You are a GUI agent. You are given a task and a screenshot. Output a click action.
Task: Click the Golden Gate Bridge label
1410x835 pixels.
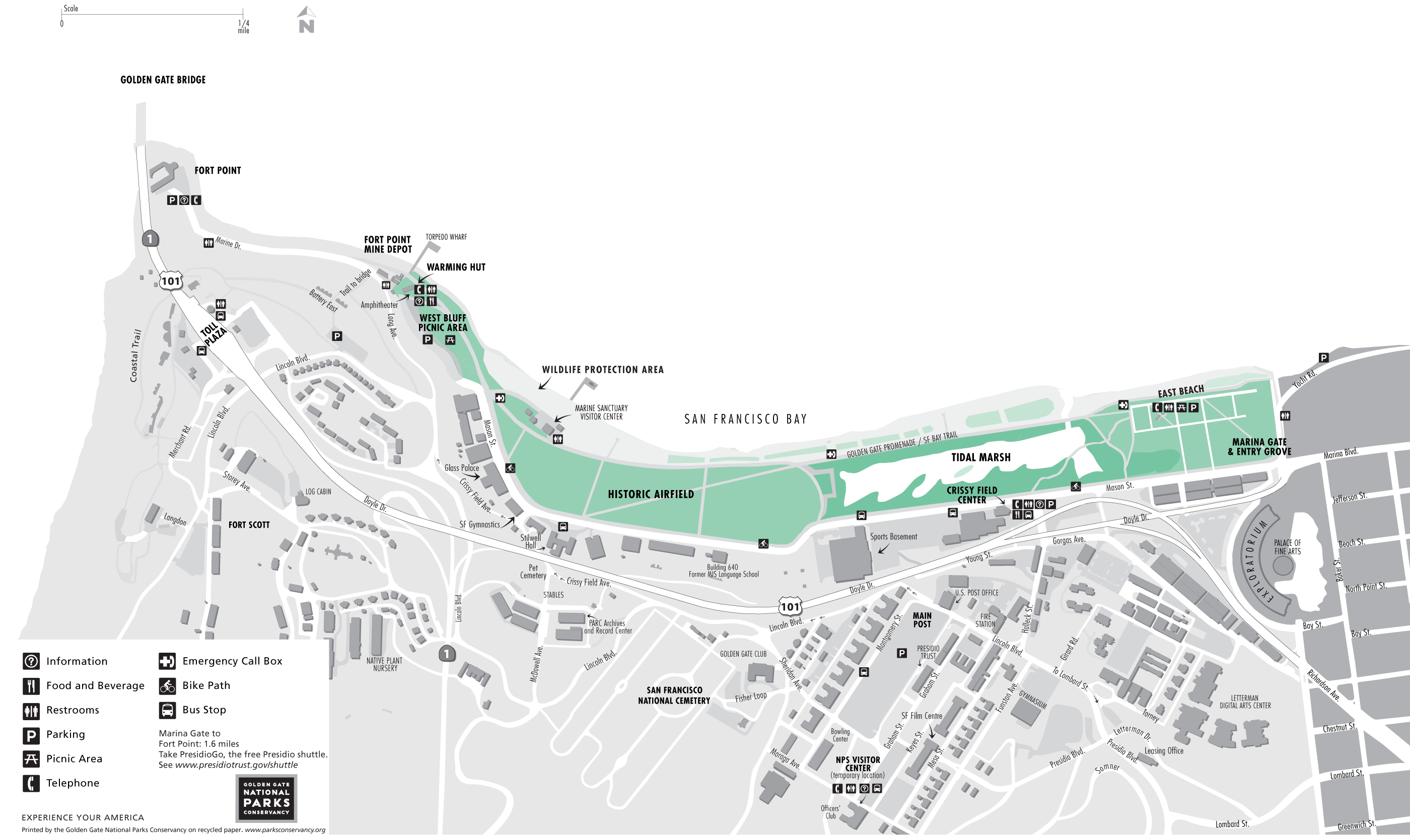[x=163, y=80]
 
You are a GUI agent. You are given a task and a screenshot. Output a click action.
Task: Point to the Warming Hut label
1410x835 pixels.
[x=456, y=267]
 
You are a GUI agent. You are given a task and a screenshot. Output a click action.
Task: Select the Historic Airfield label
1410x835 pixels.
[x=651, y=495]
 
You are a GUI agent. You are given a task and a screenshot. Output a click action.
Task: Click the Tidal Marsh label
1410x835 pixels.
[x=980, y=457]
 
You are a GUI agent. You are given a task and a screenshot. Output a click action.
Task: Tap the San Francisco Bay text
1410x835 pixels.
[x=745, y=419]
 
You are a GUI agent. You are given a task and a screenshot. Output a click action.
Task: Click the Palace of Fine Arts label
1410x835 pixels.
[x=1287, y=547]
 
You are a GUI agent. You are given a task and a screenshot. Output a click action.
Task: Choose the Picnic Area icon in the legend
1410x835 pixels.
[x=31, y=759]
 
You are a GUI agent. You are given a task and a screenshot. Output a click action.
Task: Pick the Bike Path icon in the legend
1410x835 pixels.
[x=167, y=686]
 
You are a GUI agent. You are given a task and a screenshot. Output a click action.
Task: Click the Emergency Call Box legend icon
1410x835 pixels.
[x=167, y=661]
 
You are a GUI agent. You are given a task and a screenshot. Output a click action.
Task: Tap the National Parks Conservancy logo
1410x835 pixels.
[x=266, y=798]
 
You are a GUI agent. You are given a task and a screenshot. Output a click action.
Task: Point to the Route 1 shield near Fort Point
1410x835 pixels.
[x=150, y=239]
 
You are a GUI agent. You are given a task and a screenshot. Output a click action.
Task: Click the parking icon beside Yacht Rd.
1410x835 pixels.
[x=1323, y=358]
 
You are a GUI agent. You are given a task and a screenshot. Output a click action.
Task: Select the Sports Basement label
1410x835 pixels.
[x=893, y=537]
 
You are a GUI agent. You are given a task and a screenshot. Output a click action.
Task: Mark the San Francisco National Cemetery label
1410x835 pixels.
[x=674, y=695]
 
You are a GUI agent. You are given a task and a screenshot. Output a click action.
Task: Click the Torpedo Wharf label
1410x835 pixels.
[x=446, y=237]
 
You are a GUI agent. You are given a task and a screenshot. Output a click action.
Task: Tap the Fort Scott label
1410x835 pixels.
[x=249, y=525]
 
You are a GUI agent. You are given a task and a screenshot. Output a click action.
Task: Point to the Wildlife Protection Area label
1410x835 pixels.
[x=603, y=370]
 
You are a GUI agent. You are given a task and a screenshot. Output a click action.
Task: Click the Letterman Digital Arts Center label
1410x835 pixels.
[x=1245, y=702]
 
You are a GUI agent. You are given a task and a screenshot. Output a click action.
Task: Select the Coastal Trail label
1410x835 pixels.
[x=135, y=356]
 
